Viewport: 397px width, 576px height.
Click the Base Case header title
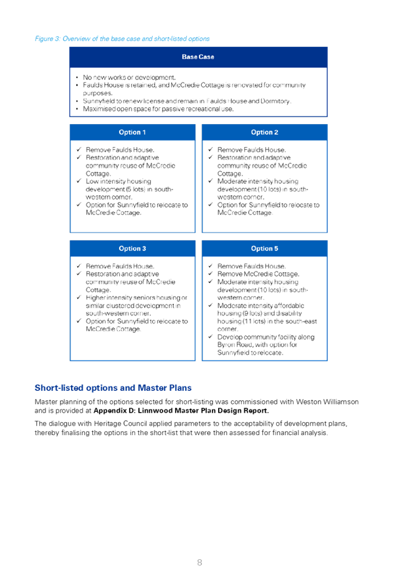(x=198, y=57)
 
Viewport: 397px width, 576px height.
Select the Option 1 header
(x=132, y=132)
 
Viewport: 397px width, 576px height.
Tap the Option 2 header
(x=264, y=132)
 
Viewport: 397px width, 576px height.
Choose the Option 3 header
(x=132, y=249)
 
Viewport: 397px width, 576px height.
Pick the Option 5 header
(x=264, y=249)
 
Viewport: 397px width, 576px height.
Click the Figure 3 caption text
(x=122, y=39)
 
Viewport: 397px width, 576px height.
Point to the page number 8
(x=199, y=562)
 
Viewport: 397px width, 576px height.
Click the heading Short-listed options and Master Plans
(x=113, y=388)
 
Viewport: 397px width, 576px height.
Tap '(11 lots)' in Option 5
(x=254, y=322)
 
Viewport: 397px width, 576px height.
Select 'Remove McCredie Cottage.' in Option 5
(x=258, y=274)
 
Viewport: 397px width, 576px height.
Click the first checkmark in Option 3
(x=79, y=266)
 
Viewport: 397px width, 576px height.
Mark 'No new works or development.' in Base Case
(x=129, y=77)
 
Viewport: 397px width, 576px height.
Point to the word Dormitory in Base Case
(x=275, y=101)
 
